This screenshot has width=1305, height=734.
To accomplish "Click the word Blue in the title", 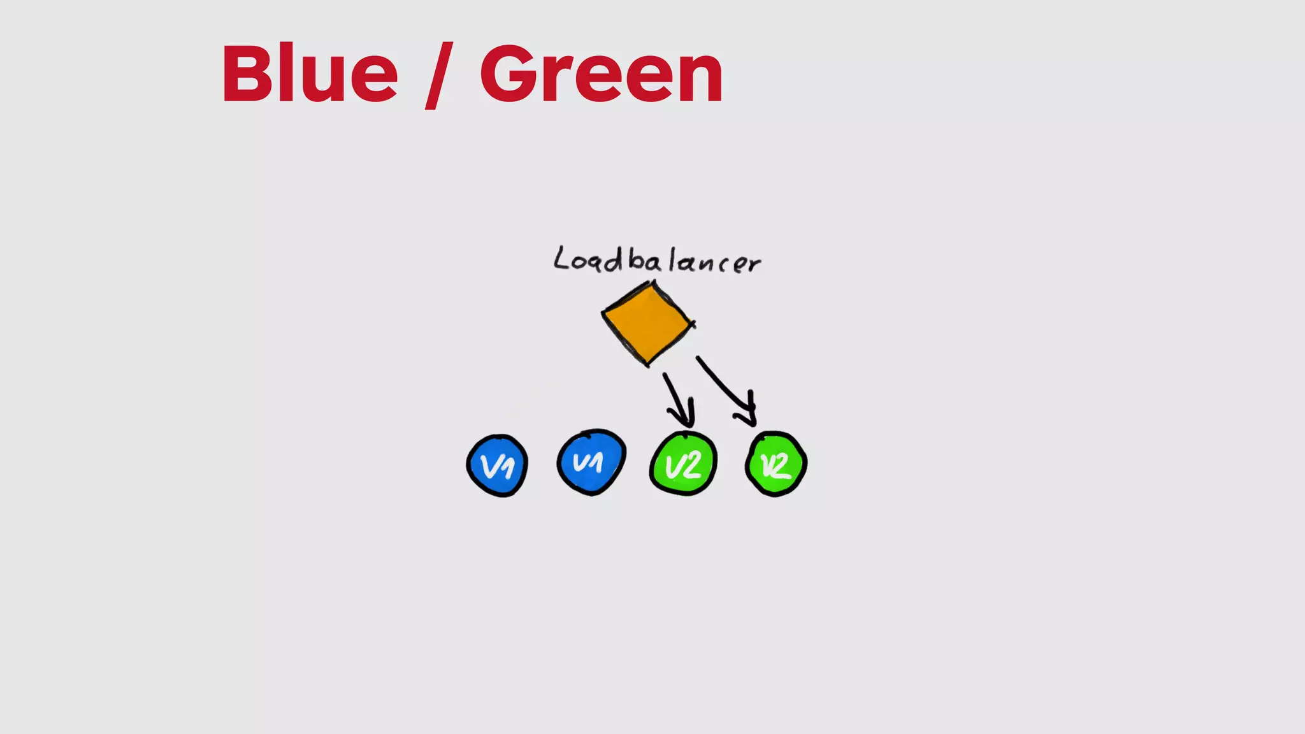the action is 310,74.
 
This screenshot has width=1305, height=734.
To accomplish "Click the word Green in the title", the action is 601,74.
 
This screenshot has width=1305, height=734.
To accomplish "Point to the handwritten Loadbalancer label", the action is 656,261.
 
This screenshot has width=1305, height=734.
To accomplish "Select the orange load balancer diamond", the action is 647,324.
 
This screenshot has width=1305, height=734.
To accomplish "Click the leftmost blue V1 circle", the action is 497,466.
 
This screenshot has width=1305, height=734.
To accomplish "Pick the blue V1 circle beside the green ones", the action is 591,463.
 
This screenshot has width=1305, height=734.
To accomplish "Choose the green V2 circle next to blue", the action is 683,464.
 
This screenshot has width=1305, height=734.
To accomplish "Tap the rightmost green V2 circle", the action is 776,464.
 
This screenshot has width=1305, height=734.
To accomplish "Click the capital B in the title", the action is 246,74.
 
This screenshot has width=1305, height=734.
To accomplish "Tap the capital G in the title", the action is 510,74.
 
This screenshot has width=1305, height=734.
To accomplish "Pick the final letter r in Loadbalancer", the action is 754,264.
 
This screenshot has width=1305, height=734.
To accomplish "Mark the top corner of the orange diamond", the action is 653,283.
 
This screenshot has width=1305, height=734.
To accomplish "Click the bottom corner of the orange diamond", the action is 648,364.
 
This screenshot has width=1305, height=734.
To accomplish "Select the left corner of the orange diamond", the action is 603,312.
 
